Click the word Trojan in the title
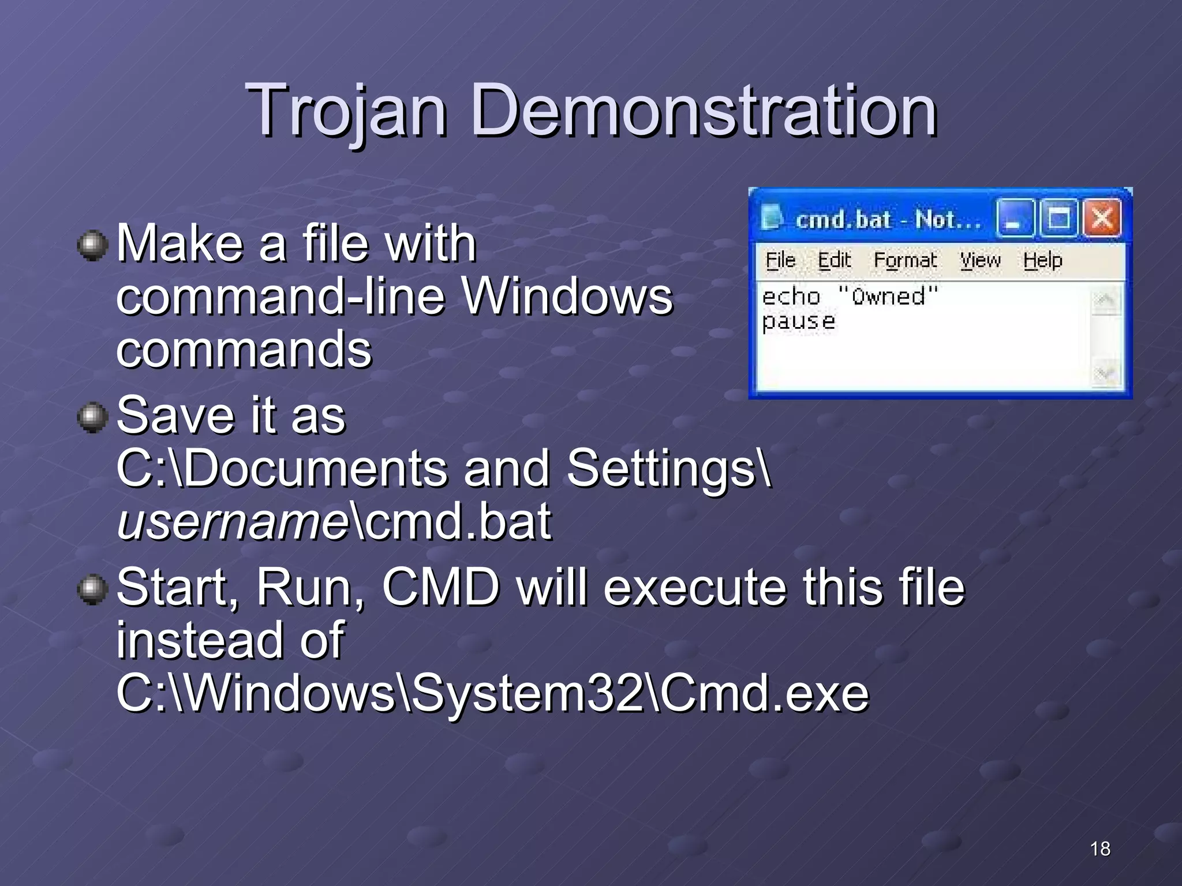[346, 111]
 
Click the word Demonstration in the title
[704, 111]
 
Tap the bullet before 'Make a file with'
[92, 246]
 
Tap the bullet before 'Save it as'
[92, 418]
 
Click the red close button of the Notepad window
[1102, 219]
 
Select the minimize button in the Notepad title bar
[1014, 219]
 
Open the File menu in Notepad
[780, 260]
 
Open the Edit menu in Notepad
[835, 260]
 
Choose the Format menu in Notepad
[905, 260]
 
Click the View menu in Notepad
[980, 260]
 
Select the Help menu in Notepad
[1042, 260]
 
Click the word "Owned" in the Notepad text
[888, 296]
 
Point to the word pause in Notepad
[798, 321]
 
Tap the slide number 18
[1100, 849]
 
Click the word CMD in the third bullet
[440, 587]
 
